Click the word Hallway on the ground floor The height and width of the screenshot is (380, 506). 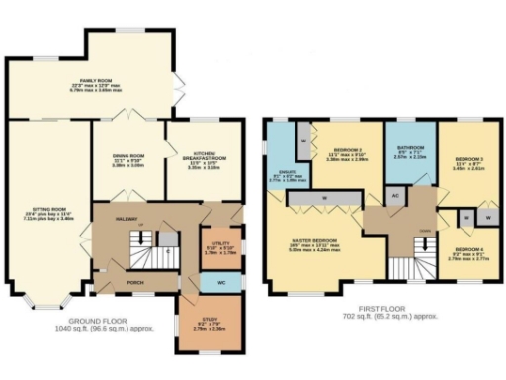point(125,219)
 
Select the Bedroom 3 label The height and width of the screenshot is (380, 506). point(468,162)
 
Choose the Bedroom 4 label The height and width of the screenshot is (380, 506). point(469,251)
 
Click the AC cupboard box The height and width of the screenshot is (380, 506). point(395,196)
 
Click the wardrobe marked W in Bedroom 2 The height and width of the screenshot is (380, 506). point(302,140)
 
